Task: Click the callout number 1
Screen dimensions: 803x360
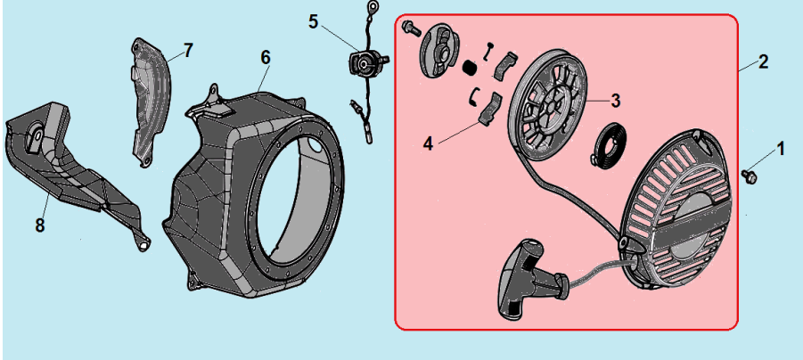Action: (780, 149)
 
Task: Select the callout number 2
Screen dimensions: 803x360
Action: (763, 62)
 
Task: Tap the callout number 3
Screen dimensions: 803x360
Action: (615, 101)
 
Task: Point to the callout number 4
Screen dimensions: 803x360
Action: (428, 143)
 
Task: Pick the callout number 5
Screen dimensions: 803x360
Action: (314, 22)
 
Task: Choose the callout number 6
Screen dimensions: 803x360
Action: (265, 58)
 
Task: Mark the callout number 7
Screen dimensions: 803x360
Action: (188, 50)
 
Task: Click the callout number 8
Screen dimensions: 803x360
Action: (40, 225)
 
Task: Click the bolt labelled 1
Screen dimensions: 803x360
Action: (749, 176)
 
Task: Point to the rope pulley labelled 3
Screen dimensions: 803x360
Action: (548, 106)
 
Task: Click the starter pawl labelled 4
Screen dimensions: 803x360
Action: (490, 109)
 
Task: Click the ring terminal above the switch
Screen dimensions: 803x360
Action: (373, 7)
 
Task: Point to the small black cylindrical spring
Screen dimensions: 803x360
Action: (469, 67)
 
